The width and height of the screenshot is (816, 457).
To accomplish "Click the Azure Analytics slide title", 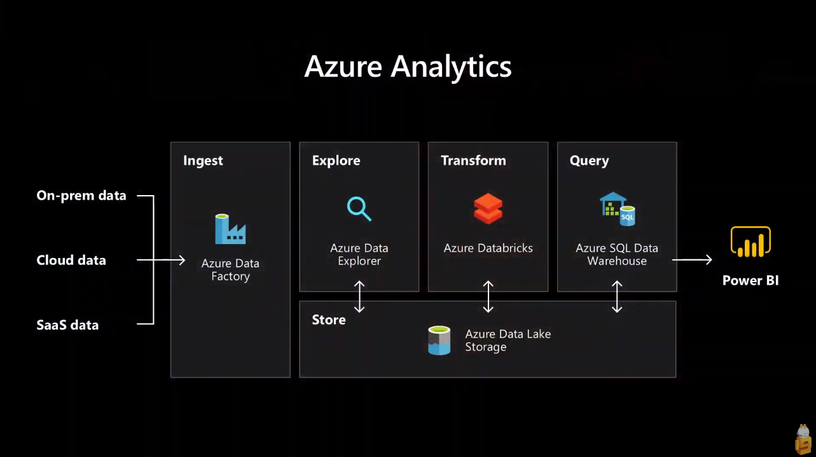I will pos(408,67).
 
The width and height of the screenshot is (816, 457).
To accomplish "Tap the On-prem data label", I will pos(81,196).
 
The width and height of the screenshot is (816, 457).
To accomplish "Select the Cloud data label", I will pos(71,261).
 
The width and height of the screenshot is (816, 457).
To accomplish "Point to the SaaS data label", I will pos(67,325).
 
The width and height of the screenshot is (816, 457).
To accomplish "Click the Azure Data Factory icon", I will pos(230,229).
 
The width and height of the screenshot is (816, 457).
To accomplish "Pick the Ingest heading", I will pos(203,161).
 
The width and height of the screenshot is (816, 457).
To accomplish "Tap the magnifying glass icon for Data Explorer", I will pos(359,209).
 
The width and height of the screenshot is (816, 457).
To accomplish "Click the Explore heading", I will pos(336,161).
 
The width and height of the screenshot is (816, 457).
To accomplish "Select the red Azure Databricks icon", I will pos(488,209).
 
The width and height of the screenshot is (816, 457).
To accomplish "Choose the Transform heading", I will pos(473,161).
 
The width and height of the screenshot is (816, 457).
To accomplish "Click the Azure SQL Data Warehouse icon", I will pos(617,209).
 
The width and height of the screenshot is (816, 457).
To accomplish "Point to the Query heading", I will pos(589,161).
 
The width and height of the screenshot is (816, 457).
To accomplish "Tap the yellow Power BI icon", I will pos(750,242).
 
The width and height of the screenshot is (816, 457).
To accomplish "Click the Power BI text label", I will pos(750,281).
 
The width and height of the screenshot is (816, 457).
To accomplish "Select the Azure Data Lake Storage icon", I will pos(439,340).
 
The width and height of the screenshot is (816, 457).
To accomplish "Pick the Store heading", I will pos(329,320).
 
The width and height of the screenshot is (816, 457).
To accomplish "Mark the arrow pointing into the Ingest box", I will pos(162,260).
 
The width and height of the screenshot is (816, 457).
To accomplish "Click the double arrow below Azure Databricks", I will pos(488,297).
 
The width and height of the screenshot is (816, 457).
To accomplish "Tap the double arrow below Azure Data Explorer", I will pos(359,297).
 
